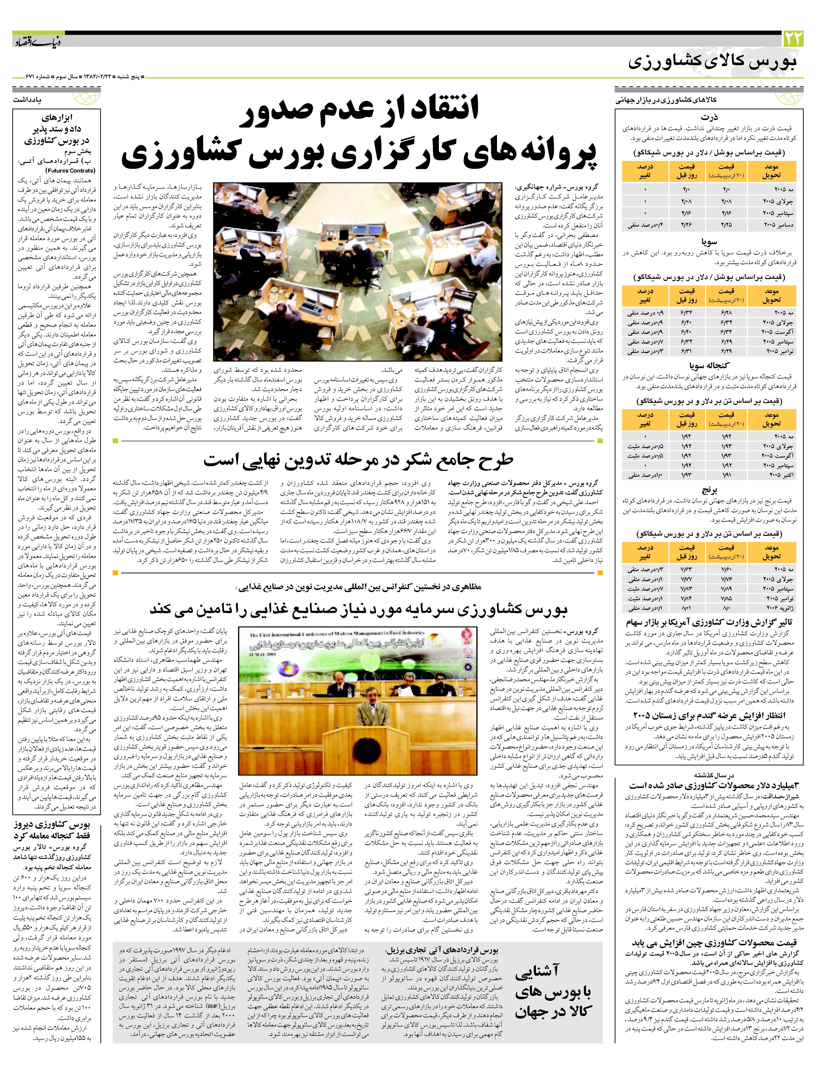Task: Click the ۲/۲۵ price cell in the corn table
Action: (727, 224)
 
